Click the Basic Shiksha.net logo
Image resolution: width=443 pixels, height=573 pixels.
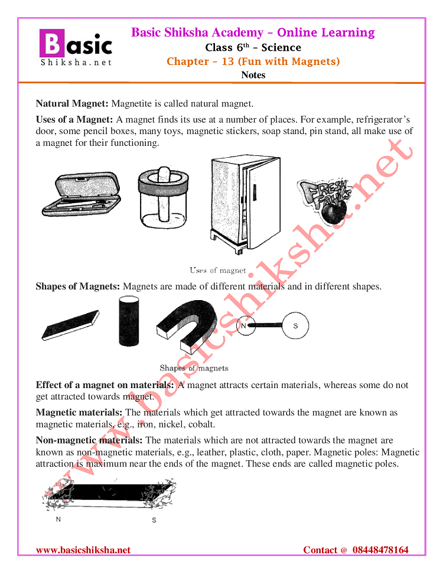click(75, 48)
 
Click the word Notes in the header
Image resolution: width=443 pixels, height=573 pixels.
click(253, 75)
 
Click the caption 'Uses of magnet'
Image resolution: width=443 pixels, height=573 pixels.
click(217, 271)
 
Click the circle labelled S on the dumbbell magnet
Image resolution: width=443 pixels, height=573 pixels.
click(295, 325)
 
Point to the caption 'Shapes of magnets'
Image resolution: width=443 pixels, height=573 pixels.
click(194, 368)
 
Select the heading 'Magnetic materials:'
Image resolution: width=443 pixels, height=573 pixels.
click(79, 412)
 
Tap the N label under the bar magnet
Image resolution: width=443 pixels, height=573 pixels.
click(58, 520)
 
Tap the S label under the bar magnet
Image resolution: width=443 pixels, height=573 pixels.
click(154, 520)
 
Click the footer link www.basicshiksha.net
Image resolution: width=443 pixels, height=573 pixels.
click(83, 550)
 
